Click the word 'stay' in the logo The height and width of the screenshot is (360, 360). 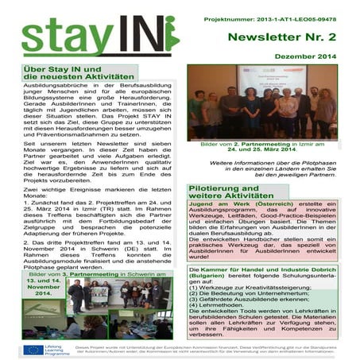coord(68,40)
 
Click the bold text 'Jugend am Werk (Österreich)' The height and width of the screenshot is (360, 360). coord(233,204)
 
